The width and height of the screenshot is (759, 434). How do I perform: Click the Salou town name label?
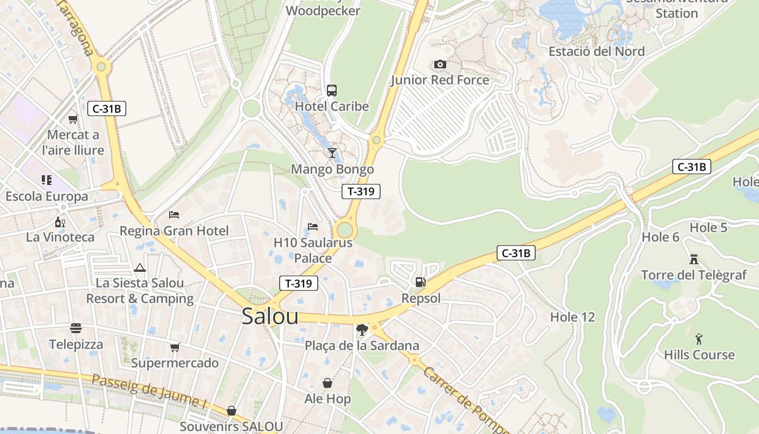270,316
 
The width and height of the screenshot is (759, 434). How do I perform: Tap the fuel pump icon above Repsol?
420,282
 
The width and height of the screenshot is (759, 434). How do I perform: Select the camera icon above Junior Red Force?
440,65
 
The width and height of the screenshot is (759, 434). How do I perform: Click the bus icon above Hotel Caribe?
332,91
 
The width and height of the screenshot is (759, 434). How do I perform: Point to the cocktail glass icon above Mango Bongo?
332,153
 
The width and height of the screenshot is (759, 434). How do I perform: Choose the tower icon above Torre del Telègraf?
693,259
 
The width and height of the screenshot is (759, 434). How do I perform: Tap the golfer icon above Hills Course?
699,340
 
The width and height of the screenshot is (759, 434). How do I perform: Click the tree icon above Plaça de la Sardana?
362,329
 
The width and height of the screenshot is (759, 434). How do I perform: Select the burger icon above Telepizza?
76,328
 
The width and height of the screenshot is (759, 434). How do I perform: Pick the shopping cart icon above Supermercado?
175,347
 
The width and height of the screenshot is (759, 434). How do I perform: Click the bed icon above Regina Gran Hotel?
174,215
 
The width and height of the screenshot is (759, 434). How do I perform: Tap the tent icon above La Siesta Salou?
140,267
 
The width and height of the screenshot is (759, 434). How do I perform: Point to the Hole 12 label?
573,317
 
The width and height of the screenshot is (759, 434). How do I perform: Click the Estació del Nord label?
596,52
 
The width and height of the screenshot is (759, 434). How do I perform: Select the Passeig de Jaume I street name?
149,391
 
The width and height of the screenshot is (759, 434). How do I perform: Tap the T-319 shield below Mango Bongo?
361,191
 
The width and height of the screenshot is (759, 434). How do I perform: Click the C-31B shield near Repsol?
516,253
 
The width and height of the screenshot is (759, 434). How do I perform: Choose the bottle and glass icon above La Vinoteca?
60,222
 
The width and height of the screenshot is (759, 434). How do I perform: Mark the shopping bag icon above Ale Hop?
327,384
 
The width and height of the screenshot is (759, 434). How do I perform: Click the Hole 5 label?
708,228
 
